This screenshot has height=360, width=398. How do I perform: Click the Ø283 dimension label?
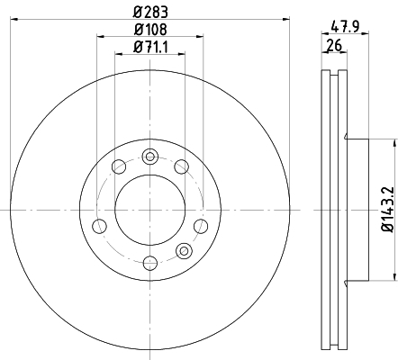pos(150,12)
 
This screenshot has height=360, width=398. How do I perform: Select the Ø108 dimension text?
pos(150,30)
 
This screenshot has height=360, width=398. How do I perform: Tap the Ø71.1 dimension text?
pos(150,47)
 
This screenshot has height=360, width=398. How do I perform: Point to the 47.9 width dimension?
pos(345,26)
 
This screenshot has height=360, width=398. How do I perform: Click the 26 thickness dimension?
pos(334,46)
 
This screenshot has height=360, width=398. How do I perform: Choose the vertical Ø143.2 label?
pos(387,210)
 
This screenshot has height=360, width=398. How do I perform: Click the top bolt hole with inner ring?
pos(149,157)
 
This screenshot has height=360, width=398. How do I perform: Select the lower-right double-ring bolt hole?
pos(184,250)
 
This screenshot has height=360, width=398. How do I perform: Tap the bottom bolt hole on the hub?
pos(150,263)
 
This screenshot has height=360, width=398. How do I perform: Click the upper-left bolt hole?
pos(119,166)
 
